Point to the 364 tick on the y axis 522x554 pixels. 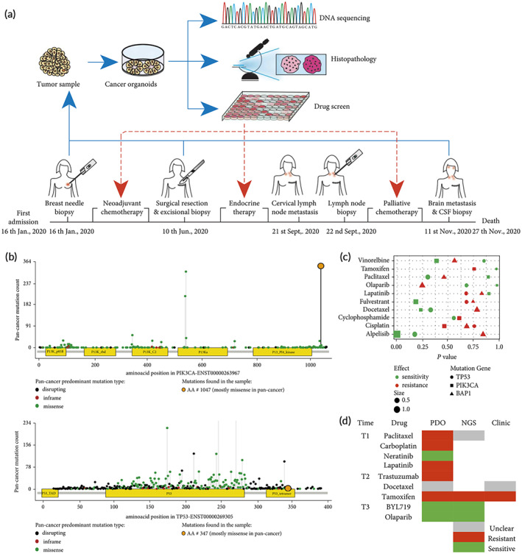click(x=27, y=262)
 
